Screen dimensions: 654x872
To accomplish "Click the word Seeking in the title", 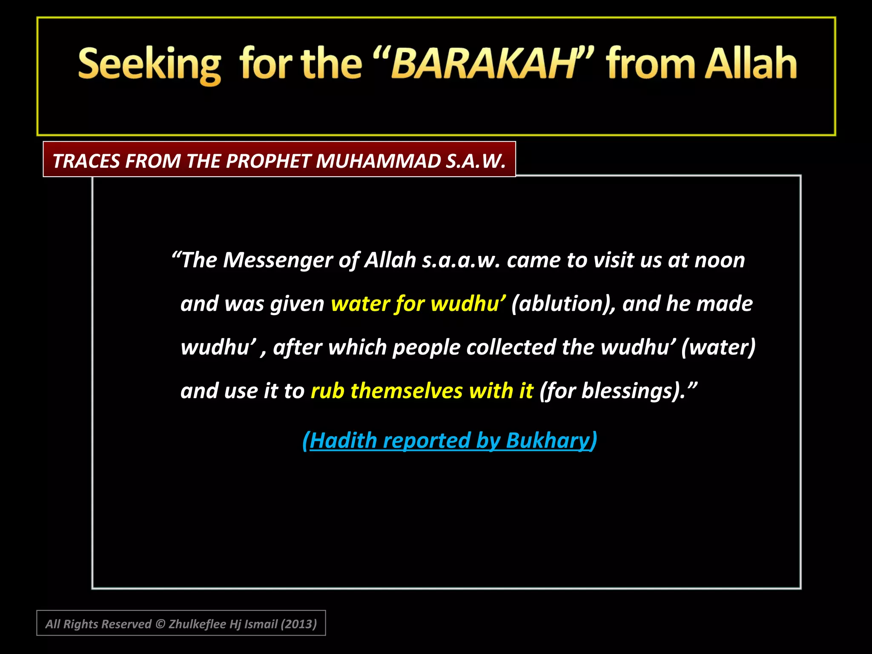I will [x=149, y=65].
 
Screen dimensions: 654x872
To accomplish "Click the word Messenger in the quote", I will [x=278, y=260].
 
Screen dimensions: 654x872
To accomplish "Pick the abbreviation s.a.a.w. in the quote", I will [x=461, y=260].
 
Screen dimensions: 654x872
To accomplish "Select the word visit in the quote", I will [x=614, y=260].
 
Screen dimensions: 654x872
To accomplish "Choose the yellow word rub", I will [x=327, y=391].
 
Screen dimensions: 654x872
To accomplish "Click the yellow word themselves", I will [x=406, y=391].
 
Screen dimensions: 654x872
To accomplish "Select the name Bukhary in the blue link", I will [x=549, y=440].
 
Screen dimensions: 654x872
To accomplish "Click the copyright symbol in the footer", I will [x=160, y=624].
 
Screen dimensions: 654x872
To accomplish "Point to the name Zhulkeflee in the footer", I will [x=197, y=624].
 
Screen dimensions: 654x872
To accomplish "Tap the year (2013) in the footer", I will [x=299, y=624].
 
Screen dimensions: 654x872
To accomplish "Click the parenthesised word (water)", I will [x=718, y=347].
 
